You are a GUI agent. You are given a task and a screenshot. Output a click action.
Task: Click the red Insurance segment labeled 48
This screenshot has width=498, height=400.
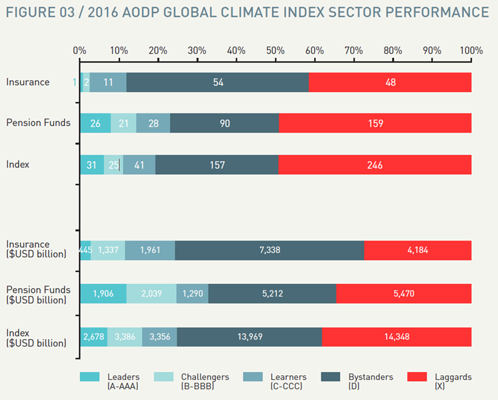pyautogui.click(x=390, y=82)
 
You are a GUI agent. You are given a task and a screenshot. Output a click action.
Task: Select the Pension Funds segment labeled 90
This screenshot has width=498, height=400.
pyautogui.click(x=225, y=123)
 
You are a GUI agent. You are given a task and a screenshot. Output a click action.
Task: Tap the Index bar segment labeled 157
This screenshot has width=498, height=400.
pyautogui.click(x=217, y=165)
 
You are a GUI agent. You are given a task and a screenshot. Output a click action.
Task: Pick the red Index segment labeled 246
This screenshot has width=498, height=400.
pyautogui.click(x=375, y=165)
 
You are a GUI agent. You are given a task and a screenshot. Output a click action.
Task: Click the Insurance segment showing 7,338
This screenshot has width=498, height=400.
pyautogui.click(x=269, y=251)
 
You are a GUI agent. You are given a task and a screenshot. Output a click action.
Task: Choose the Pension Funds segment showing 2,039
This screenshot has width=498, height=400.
pyautogui.click(x=151, y=293)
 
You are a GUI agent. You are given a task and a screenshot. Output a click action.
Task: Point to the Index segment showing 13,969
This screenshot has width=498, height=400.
pyautogui.click(x=249, y=337)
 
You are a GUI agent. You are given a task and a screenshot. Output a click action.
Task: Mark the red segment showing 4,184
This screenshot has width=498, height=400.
pyautogui.click(x=418, y=251)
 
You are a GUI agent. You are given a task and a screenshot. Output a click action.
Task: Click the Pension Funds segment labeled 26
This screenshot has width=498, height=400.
pyautogui.click(x=95, y=123)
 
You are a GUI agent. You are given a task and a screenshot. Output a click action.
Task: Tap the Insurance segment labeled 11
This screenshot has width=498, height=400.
pyautogui.click(x=108, y=82)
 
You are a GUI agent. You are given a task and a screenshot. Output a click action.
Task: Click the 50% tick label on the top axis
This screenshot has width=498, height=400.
pyautogui.click(x=275, y=51)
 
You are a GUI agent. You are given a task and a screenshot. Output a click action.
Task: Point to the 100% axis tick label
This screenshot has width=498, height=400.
pyautogui.click(x=471, y=51)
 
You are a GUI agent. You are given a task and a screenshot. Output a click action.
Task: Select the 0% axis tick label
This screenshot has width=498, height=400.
pyautogui.click(x=79, y=51)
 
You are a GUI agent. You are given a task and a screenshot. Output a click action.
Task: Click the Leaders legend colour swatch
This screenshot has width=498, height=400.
pyautogui.click(x=89, y=377)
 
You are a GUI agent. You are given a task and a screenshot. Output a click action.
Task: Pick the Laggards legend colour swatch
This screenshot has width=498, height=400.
pyautogui.click(x=417, y=377)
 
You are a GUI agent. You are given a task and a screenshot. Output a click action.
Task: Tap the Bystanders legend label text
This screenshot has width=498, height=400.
pyautogui.click(x=371, y=381)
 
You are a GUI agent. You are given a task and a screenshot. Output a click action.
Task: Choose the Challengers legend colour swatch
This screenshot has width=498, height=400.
pyautogui.click(x=163, y=377)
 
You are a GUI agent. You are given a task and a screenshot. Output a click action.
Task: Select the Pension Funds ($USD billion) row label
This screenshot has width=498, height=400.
pyautogui.click(x=39, y=295)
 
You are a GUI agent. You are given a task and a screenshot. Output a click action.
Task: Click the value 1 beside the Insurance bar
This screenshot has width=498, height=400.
pyautogui.click(x=74, y=83)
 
